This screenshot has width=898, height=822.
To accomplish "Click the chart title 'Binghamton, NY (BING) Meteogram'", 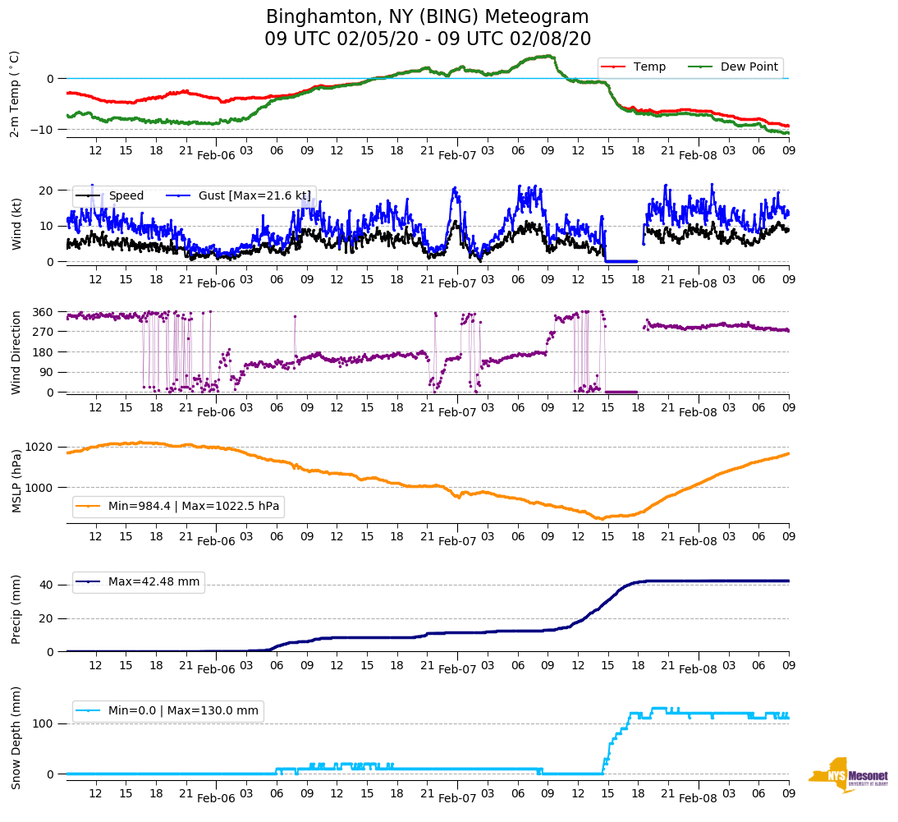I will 427,17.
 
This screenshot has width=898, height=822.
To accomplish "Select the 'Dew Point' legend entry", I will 749,67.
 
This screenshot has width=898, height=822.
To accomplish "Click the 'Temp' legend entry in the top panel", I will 649,67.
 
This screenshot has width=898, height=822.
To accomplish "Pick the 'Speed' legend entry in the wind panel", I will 126,195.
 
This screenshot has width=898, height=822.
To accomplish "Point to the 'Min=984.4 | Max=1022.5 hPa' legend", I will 193,507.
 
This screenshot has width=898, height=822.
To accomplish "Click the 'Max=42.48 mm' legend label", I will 153,582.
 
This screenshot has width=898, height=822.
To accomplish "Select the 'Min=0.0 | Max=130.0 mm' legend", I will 183,711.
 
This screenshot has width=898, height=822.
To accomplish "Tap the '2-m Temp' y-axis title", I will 14,94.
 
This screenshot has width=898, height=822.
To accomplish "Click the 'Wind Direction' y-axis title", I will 16,352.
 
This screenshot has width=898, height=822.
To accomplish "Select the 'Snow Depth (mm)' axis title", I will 16,737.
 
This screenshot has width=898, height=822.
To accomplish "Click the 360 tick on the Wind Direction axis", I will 44,312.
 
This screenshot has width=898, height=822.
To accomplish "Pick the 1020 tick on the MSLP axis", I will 40,448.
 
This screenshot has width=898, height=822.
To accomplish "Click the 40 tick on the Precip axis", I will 48,586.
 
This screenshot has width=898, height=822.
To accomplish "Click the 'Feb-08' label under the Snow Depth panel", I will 699,798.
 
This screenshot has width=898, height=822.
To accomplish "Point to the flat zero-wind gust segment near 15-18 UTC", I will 621,261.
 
